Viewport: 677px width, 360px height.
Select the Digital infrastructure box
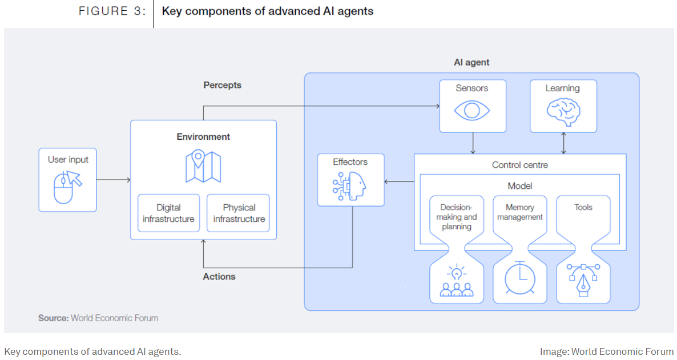coord(168,213)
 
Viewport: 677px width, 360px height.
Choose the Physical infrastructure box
coord(239,213)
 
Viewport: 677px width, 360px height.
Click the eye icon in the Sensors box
coord(472,110)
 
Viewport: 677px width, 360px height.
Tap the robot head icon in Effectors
coord(350,186)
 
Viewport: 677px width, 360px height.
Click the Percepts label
coord(222,85)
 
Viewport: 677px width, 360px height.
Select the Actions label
coord(219,276)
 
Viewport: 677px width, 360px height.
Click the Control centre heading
coord(519,165)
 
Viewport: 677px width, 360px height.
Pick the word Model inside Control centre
coord(519,186)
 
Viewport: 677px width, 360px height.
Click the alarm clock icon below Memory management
coord(519,278)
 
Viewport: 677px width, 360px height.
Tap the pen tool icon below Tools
coord(583,280)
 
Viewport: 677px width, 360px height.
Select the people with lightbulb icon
coord(457,281)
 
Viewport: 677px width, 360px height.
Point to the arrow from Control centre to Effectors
coord(399,182)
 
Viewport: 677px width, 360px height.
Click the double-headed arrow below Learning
coord(564,143)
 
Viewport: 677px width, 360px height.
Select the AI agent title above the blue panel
coord(471,62)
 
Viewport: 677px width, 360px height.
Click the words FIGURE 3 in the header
coord(112,11)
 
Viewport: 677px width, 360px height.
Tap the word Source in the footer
coord(53,318)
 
